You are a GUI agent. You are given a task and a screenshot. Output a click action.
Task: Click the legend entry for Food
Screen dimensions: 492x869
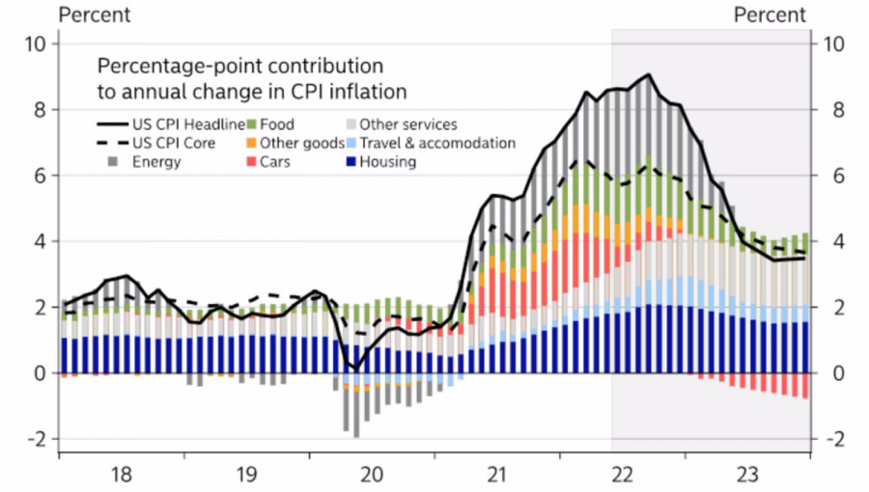click(277, 124)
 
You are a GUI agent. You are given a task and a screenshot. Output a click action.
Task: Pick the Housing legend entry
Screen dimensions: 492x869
click(387, 162)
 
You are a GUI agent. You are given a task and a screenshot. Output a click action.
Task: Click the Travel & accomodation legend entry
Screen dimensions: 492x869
click(437, 143)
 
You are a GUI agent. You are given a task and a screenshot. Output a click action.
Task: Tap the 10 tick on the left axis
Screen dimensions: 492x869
click(36, 44)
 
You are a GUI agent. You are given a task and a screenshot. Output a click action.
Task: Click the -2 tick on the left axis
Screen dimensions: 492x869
click(36, 439)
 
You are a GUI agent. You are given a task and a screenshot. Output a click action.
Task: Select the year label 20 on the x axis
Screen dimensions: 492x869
click(372, 475)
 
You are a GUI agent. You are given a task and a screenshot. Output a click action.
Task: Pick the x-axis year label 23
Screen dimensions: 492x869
click(746, 475)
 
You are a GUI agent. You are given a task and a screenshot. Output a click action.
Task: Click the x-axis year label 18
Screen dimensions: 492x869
click(122, 475)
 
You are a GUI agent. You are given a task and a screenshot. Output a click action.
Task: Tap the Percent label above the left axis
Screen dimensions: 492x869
click(96, 14)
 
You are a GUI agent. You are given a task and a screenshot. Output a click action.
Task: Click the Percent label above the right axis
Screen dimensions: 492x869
click(770, 14)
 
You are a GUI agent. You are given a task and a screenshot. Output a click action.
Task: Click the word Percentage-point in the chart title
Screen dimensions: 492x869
click(172, 68)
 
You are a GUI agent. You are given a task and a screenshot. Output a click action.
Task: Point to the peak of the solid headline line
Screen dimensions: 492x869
click(648, 75)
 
